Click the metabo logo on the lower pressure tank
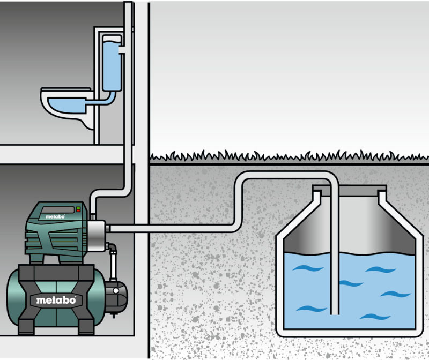56,300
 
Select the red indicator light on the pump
78,210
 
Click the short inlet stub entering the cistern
120,51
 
